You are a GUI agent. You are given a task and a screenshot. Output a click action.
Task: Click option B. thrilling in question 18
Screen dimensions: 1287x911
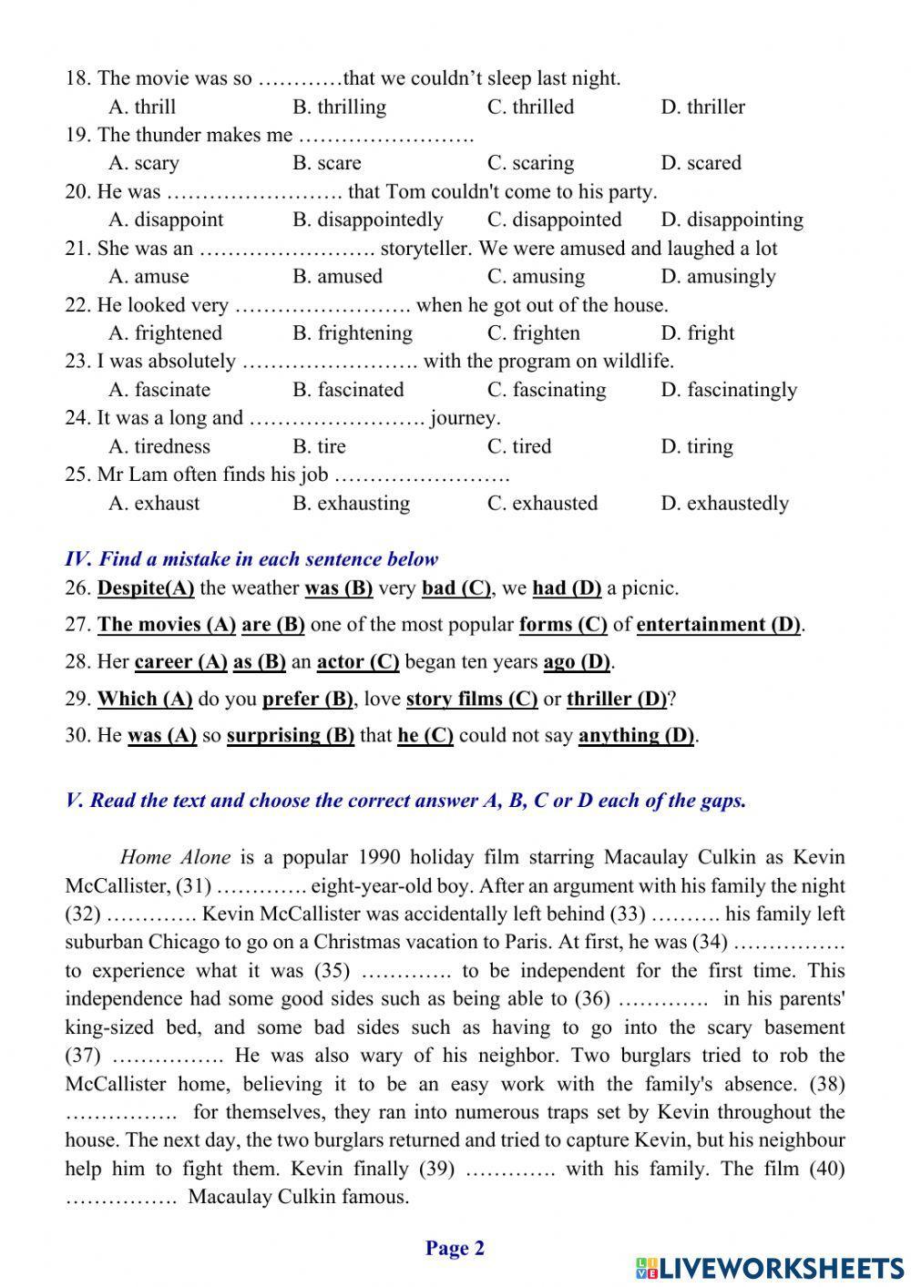(339, 107)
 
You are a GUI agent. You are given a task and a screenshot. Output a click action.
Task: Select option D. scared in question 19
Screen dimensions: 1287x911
(701, 163)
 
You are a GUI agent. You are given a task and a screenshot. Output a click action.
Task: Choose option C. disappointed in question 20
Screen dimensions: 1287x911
(554, 220)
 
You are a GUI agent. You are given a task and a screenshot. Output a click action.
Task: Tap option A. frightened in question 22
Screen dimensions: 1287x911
(165, 332)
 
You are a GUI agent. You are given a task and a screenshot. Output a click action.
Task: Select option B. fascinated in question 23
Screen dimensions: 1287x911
(348, 390)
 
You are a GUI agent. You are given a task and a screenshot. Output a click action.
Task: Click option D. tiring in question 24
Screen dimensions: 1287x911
(697, 446)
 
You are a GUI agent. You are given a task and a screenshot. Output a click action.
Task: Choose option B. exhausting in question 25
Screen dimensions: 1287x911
(351, 503)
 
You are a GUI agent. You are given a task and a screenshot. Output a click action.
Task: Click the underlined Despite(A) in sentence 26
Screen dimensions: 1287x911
(146, 587)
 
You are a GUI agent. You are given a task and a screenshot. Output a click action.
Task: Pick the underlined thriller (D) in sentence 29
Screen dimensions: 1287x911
(617, 699)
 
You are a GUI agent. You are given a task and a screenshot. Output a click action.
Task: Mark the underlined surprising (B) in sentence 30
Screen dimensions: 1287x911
(290, 735)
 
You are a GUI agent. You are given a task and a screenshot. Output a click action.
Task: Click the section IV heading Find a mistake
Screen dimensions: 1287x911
(251, 558)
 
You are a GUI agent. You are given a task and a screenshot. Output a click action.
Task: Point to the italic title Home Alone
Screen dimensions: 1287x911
(175, 857)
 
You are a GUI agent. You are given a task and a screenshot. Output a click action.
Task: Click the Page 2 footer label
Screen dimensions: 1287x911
(455, 1248)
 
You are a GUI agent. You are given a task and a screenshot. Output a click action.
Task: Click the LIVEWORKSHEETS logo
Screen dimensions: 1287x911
(770, 1268)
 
